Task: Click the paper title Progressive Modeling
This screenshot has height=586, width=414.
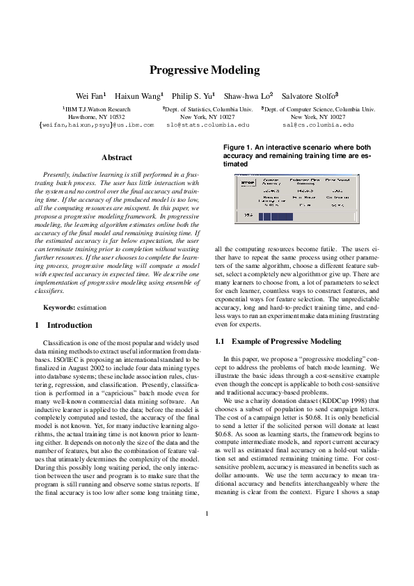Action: [x=207, y=70]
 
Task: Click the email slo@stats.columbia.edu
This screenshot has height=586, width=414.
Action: [x=207, y=125]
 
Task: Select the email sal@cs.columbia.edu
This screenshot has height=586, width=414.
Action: [x=318, y=125]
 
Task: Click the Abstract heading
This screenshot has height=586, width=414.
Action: [x=116, y=158]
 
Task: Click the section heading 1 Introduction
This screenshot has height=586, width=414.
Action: [x=63, y=325]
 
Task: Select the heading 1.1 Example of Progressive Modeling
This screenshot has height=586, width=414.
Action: [x=278, y=342]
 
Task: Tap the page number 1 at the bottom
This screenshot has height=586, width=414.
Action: [x=207, y=553]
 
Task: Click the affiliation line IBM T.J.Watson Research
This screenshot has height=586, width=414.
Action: [x=97, y=109]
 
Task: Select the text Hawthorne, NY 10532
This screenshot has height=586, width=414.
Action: [x=96, y=117]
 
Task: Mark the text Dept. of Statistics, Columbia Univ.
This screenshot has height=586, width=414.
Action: [x=207, y=109]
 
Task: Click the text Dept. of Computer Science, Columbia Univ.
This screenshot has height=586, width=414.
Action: [x=319, y=109]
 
